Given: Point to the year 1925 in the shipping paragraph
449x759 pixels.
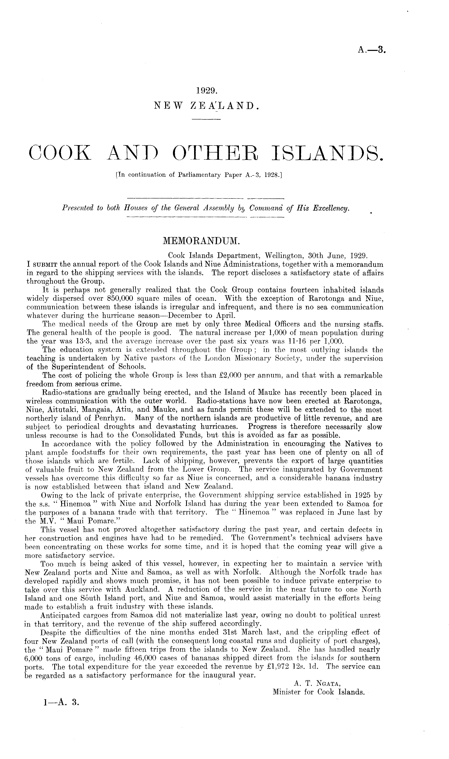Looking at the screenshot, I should click(x=357, y=496).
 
